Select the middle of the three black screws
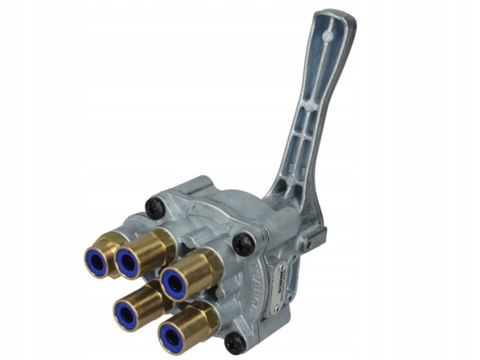coord(242,243)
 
